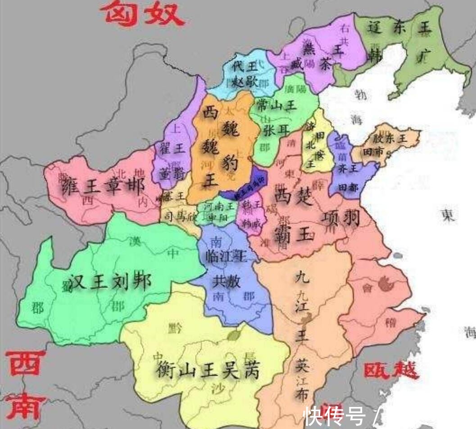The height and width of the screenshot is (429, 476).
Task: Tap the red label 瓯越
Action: (390, 370)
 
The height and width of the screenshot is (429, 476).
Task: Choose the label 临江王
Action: (222, 257)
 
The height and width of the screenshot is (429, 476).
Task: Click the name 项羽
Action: (341, 218)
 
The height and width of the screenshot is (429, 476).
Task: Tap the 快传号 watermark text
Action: (334, 416)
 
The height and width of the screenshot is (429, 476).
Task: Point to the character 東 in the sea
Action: (448, 216)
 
